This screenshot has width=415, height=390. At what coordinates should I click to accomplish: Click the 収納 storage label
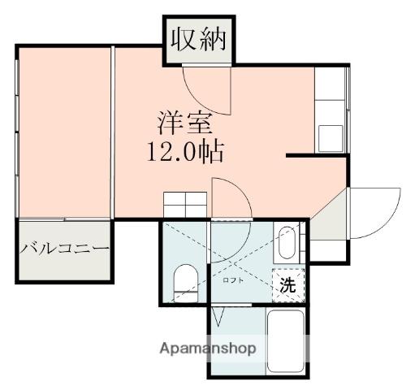click(x=198, y=41)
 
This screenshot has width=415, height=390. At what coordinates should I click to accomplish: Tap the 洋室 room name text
click(x=185, y=123)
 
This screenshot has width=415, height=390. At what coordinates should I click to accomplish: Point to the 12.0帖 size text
click(x=185, y=152)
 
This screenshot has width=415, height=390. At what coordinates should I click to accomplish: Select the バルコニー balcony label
click(x=65, y=248)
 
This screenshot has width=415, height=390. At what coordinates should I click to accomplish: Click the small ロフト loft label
click(x=233, y=280)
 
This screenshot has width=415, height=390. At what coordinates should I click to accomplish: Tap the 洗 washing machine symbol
click(x=288, y=285)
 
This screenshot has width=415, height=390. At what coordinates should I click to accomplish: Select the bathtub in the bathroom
click(x=285, y=341)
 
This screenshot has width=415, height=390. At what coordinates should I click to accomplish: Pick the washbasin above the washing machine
click(x=287, y=243)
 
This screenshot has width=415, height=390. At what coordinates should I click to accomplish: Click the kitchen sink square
click(x=331, y=138)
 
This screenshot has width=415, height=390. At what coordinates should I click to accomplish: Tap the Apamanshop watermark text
click(x=208, y=349)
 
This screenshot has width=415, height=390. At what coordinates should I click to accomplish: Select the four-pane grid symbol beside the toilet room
click(x=185, y=205)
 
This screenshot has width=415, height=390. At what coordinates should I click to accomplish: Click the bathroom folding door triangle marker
click(x=218, y=316)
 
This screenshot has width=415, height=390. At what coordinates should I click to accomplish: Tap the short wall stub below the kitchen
click(x=317, y=155)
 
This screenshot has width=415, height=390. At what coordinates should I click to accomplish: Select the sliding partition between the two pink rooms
click(x=113, y=132)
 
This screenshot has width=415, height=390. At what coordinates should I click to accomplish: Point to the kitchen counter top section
click(x=330, y=84)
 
